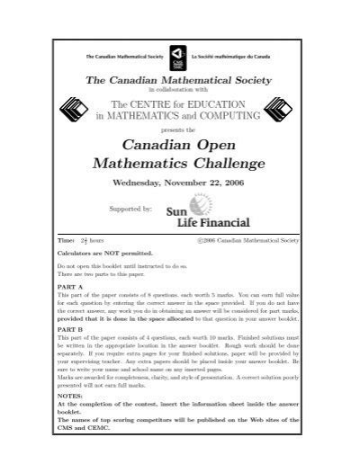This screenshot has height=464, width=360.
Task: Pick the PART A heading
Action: pyautogui.click(x=68, y=287)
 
